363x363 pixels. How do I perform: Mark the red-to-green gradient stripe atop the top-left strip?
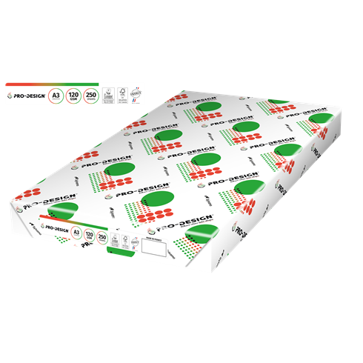click(x=74, y=84)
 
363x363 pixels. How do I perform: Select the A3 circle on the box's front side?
click(x=76, y=231)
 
